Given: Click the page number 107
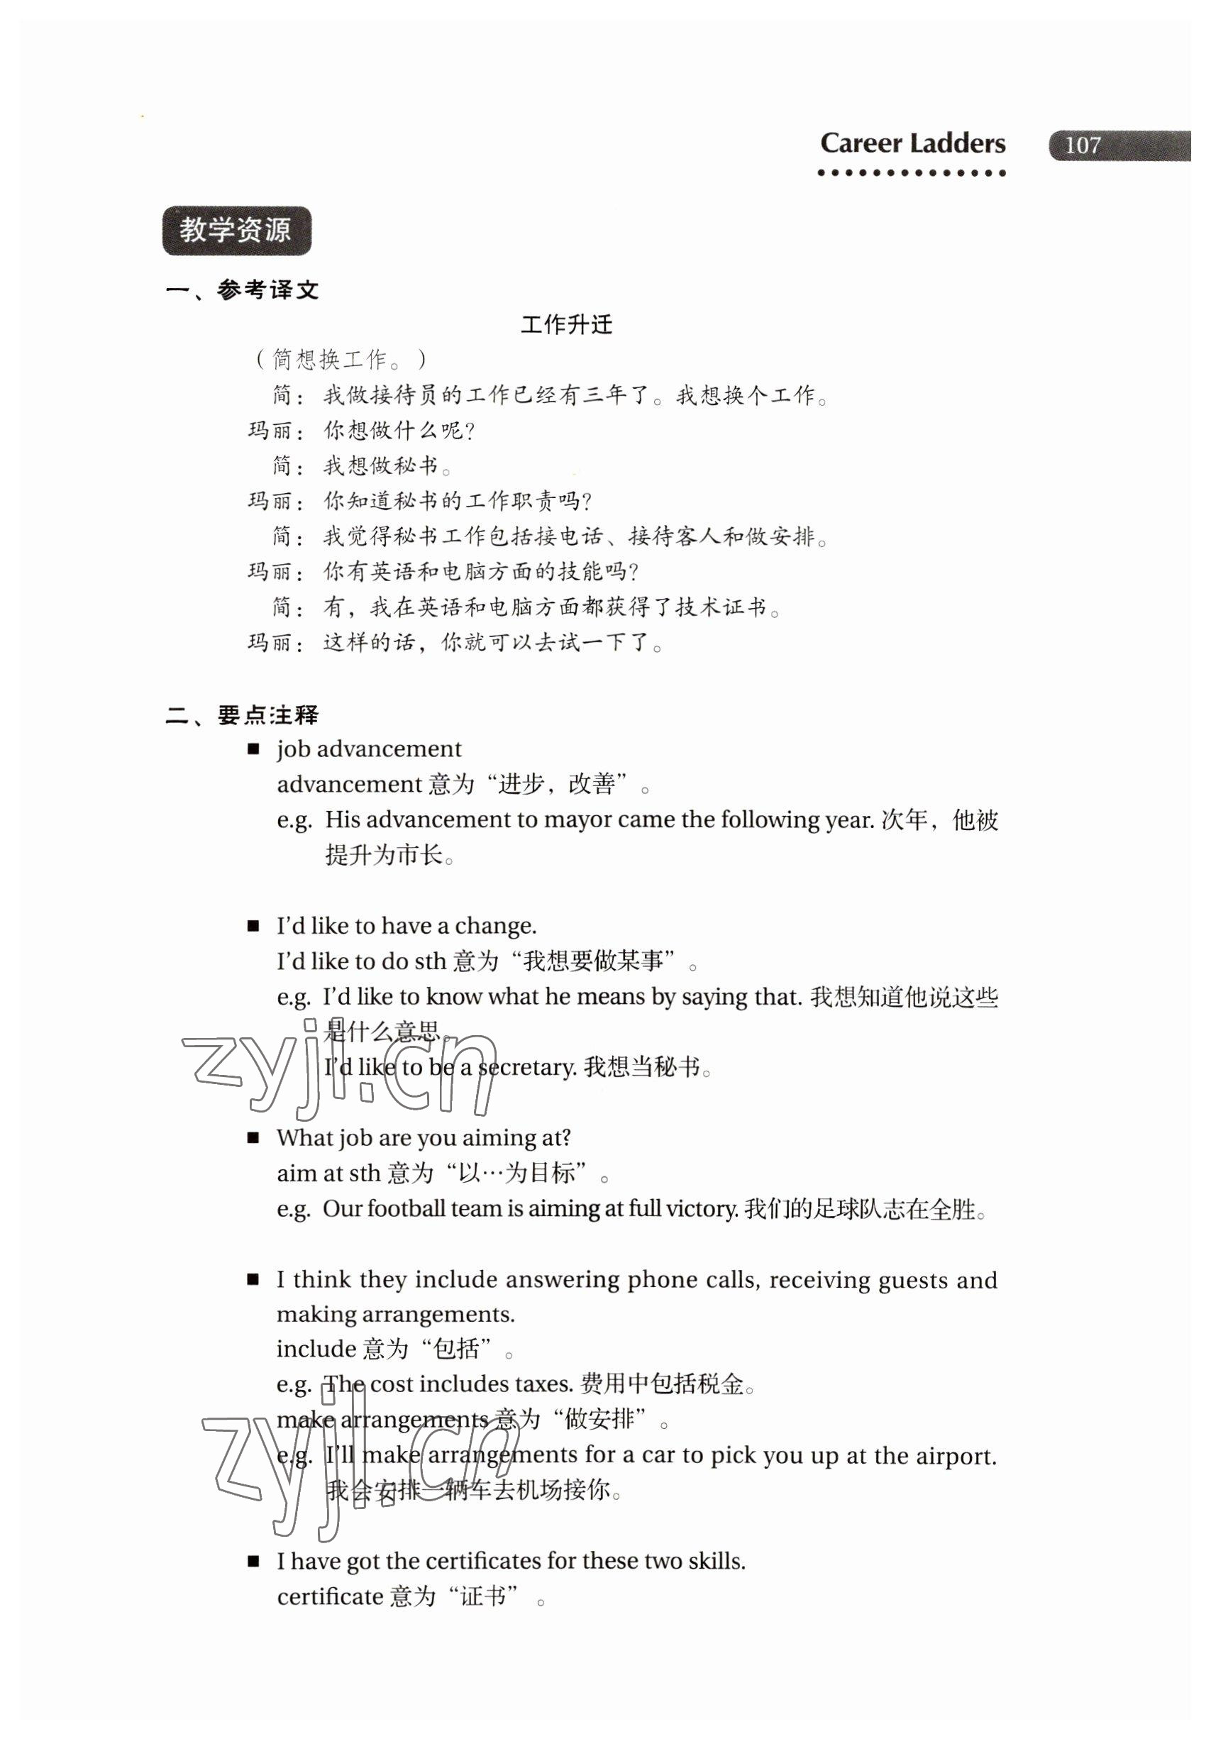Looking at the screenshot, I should click(x=1083, y=145).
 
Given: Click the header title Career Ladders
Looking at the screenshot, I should click(x=912, y=143).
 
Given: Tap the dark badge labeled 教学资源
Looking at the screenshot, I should click(x=236, y=231).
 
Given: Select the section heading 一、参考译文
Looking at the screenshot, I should click(x=243, y=289).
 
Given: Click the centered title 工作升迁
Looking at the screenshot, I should click(x=567, y=325).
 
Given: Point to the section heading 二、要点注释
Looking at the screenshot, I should click(x=243, y=715).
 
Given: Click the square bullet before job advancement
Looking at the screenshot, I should click(x=254, y=749).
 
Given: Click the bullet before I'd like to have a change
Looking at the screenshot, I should click(x=254, y=925).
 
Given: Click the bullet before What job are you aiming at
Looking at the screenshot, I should click(x=254, y=1137).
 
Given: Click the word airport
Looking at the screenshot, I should click(x=956, y=1456).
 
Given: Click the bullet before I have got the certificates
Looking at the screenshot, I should click(x=254, y=1562).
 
